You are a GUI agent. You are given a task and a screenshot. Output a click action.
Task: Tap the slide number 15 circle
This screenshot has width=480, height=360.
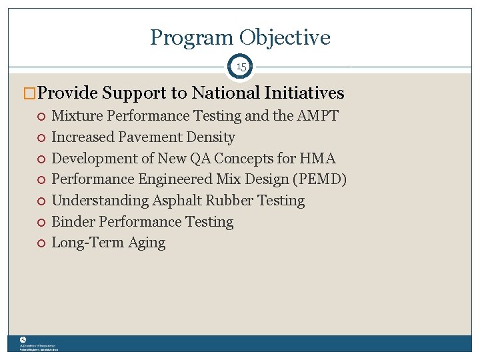(241, 67)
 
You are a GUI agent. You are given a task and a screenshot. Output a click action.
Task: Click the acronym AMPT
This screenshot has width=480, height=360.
(317, 116)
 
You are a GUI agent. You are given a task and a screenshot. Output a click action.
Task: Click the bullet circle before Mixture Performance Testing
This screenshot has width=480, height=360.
(41, 117)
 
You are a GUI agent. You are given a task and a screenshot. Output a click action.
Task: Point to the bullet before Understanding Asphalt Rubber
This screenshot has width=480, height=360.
(41, 201)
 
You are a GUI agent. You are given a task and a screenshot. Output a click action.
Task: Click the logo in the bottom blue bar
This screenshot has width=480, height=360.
(23, 340)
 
